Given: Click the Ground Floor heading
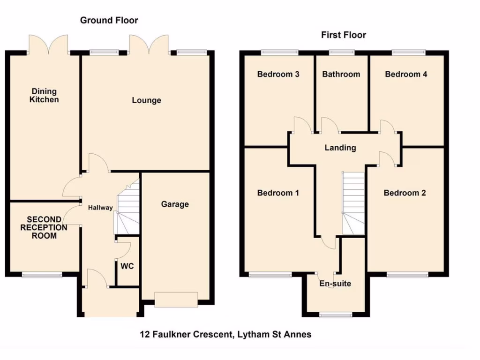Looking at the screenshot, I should click(x=109, y=20).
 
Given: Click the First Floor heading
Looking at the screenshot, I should click(x=343, y=35).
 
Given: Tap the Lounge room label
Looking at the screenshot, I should click(x=146, y=100).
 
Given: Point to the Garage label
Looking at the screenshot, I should click(x=175, y=204).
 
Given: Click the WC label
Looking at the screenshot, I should click(x=127, y=266).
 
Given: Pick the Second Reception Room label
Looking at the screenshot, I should click(x=44, y=227).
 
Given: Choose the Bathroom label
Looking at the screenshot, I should click(x=341, y=74).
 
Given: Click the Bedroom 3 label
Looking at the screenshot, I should click(x=278, y=74).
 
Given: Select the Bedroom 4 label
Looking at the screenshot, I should click(x=406, y=74).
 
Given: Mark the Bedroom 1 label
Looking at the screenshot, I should click(x=278, y=193).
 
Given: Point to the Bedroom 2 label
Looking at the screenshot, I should click(x=405, y=193).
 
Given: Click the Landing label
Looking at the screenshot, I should click(x=340, y=148).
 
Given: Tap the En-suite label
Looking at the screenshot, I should click(x=335, y=284).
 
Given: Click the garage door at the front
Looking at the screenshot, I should click(x=176, y=300).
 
